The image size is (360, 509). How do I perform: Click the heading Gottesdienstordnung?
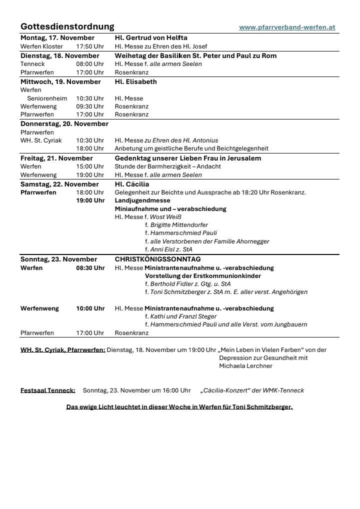[67, 26]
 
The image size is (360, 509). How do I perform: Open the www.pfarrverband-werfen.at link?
[287, 27]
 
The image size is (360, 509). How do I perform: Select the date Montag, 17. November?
[57, 38]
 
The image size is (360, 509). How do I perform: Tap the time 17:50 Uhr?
[90, 46]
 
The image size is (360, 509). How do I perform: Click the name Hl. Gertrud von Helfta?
[151, 38]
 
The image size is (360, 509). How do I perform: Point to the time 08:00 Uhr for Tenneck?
[90, 64]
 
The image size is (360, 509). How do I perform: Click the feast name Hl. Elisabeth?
[135, 81]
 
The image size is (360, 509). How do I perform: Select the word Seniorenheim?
[47, 98]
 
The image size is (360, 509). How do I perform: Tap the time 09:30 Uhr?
[90, 106]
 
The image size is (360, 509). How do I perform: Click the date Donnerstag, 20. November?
[64, 123]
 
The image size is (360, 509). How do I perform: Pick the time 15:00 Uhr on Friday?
[90, 166]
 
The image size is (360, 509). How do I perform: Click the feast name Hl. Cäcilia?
[132, 184]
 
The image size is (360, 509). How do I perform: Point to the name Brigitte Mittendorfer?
[179, 225]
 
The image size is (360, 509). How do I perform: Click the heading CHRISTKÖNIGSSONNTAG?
[157, 259]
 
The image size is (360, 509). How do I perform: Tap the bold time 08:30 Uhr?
[90, 267]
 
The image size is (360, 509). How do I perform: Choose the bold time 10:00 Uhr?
[90, 308]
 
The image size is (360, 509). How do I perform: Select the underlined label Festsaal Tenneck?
[48, 390]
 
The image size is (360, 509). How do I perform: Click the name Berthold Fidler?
[172, 284]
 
